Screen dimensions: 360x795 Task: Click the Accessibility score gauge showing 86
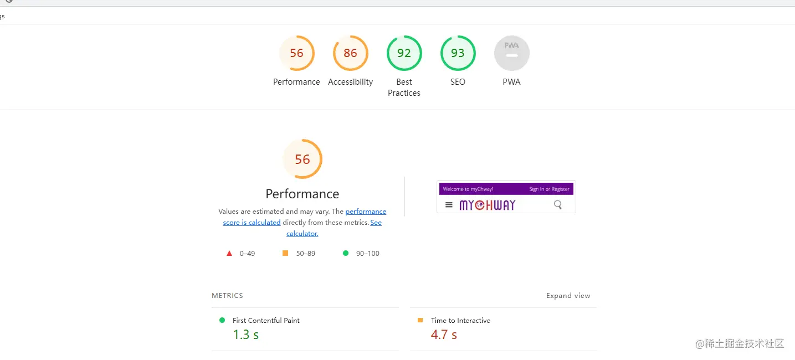(x=350, y=53)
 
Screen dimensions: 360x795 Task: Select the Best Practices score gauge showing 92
(x=404, y=53)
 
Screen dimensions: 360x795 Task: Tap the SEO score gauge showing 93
(x=458, y=53)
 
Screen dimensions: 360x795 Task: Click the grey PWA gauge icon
(x=511, y=53)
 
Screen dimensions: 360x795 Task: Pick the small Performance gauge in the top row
(x=296, y=53)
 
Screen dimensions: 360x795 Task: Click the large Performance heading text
(x=302, y=194)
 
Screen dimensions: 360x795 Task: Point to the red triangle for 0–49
(x=229, y=254)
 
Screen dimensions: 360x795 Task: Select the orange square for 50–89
(x=285, y=253)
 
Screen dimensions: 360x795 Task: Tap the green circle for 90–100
(x=346, y=253)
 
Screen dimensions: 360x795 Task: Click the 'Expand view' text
(x=568, y=296)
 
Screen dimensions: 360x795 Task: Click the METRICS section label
(x=227, y=296)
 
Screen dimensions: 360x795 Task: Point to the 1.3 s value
(x=245, y=335)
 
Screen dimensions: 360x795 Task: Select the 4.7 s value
(x=444, y=335)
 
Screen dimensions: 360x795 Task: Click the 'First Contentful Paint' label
(x=266, y=321)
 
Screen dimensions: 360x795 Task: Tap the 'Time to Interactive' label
(x=460, y=321)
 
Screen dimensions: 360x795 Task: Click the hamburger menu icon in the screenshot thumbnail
(x=449, y=205)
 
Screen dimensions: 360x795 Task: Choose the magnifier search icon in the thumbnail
(x=557, y=205)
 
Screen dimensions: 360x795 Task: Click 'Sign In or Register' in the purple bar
(x=549, y=189)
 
